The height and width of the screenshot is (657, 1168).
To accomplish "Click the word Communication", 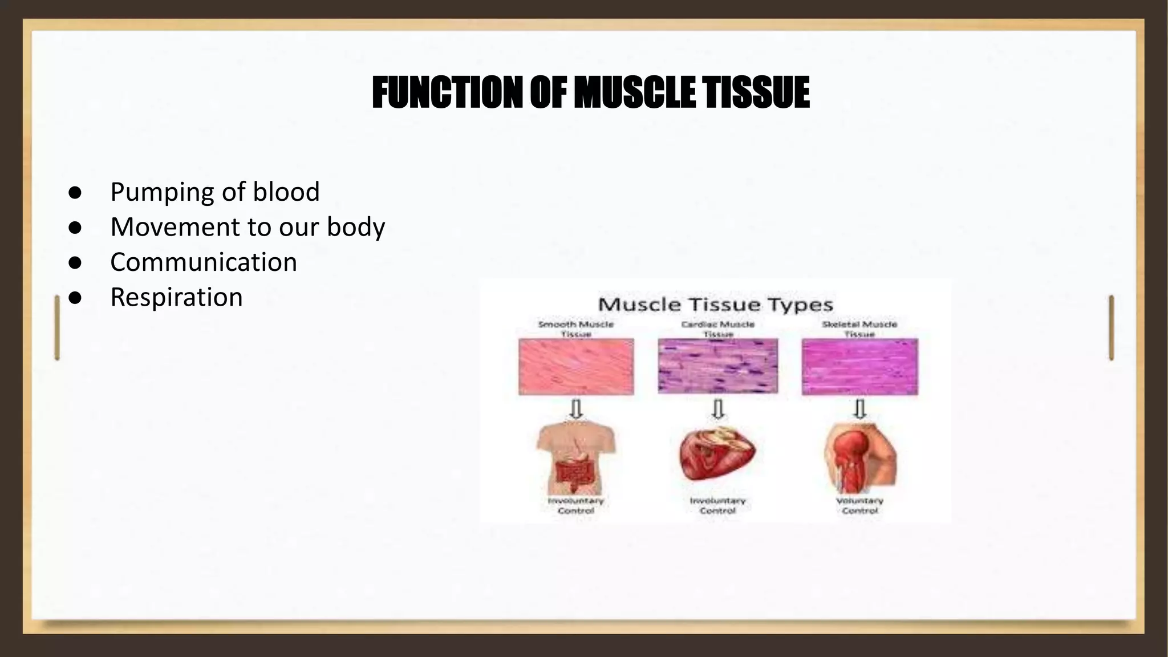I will pos(204,262).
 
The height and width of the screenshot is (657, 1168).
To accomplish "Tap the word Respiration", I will pos(176,298).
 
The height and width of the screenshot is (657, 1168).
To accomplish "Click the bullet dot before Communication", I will pos(75,263).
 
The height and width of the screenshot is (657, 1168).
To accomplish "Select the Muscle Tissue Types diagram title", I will pos(715,305).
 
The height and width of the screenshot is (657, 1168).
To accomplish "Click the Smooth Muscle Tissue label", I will pos(576,328).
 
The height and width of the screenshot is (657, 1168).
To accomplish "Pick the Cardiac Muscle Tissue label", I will pos(717,328).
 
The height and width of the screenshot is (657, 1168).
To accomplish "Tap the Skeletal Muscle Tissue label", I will pos(859,328).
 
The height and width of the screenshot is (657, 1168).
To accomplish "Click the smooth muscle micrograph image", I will pos(576,366).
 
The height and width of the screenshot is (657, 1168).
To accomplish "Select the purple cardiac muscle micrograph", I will pos(717,366).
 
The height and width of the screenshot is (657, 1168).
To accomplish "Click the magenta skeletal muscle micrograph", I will pos(859,366).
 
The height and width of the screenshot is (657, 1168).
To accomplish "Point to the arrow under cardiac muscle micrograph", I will pos(718,408).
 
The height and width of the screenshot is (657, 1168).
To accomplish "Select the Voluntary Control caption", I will pos(859,505).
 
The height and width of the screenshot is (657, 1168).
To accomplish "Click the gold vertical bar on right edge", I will pos(1111,327).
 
